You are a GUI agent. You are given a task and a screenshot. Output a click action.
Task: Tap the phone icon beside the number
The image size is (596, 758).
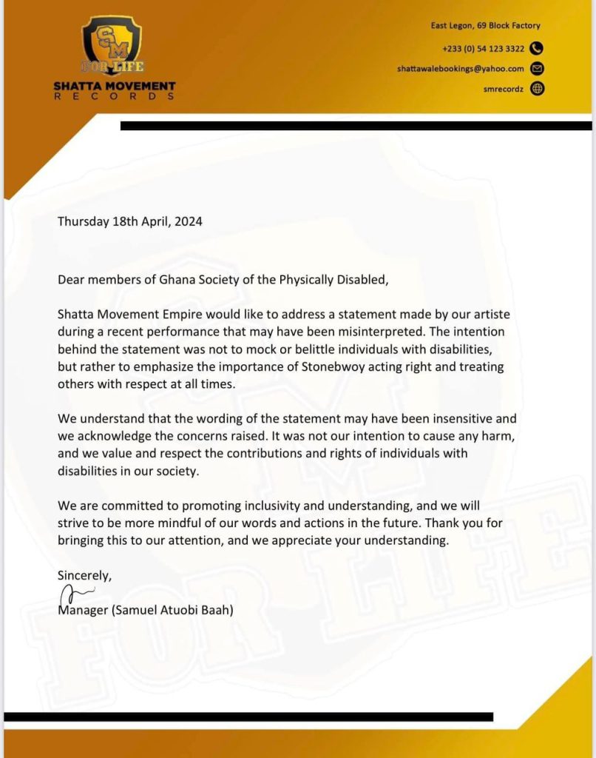(x=538, y=49)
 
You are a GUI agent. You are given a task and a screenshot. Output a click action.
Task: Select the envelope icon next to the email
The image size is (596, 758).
(x=538, y=69)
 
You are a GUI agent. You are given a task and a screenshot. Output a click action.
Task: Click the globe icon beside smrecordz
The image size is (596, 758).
(x=538, y=89)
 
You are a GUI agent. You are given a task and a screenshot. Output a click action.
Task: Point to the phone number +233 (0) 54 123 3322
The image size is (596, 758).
(x=484, y=49)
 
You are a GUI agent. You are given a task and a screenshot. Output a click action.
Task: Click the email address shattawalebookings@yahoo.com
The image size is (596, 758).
(x=460, y=69)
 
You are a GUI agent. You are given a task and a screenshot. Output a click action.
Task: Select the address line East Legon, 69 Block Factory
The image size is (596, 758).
(x=486, y=25)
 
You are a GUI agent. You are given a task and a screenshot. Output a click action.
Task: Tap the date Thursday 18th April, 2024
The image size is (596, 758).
(x=130, y=221)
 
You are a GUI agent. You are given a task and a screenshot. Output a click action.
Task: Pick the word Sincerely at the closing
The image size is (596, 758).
(x=84, y=574)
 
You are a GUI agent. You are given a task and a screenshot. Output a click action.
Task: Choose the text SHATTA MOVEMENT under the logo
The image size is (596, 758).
(x=115, y=87)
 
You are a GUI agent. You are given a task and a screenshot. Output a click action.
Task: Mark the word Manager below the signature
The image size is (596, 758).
(x=83, y=611)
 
